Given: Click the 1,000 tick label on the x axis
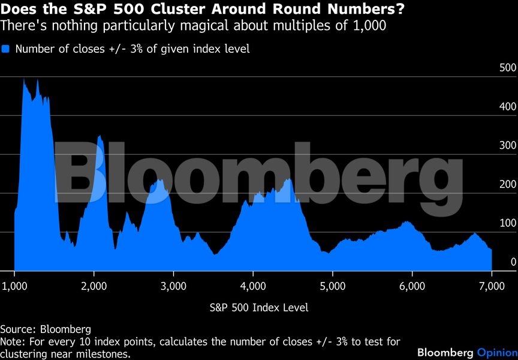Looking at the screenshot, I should (14, 286).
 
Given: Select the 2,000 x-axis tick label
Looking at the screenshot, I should (94, 286).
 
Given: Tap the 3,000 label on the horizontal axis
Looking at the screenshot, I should (173, 286).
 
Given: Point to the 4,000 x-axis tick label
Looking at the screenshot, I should (253, 286).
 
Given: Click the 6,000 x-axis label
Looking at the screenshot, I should (412, 286).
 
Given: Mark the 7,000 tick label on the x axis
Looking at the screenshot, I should (492, 286).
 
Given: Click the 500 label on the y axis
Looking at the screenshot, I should (508, 68).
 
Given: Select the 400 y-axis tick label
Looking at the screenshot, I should (508, 107).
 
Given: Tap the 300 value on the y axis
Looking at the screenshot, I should (508, 145).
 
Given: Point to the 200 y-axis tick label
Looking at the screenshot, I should (508, 184).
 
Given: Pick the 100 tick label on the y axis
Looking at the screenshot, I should (508, 223).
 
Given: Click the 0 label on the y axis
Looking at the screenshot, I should (513, 262).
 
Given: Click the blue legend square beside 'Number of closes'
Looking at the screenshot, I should (6, 49).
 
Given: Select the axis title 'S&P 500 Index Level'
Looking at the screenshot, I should (259, 308).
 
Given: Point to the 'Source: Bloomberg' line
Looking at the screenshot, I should (46, 329).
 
